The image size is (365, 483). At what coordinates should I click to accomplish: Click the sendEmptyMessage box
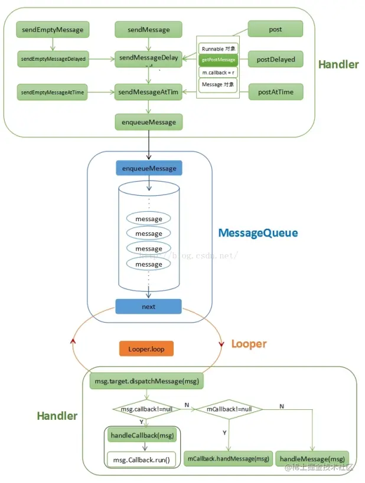[x=53, y=29]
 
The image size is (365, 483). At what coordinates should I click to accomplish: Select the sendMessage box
[x=148, y=29]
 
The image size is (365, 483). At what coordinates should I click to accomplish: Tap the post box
[x=275, y=29]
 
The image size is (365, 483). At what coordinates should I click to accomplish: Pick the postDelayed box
[x=275, y=59]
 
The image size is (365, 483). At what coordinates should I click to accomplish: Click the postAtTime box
[x=275, y=91]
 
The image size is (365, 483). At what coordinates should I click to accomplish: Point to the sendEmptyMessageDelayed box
[x=53, y=59]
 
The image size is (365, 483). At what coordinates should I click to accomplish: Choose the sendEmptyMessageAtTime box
[x=53, y=92]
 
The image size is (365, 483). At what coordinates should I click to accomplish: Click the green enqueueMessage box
[x=149, y=122]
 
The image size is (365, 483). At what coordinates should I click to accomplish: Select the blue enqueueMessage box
[x=149, y=169]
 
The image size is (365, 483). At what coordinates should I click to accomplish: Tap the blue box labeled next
[x=149, y=307]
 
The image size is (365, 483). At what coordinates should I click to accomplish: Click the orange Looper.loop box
[x=146, y=349]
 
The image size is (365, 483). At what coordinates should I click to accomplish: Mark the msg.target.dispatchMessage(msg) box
[x=146, y=382]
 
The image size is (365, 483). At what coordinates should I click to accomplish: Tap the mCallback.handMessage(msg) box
[x=228, y=458]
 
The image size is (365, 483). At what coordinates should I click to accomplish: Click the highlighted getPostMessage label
[x=218, y=60]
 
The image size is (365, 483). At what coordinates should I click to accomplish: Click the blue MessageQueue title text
[x=258, y=233]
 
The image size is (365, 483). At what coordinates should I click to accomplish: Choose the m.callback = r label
[x=218, y=72]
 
